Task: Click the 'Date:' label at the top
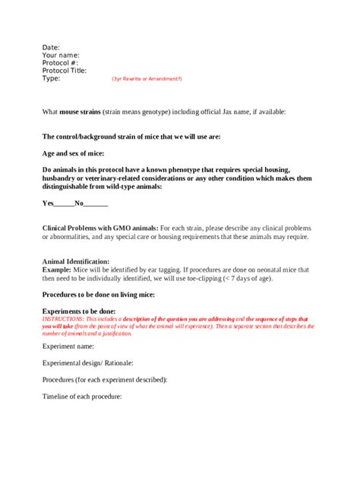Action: click(x=51, y=47)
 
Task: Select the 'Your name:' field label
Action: click(x=61, y=55)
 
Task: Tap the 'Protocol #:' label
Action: click(x=61, y=62)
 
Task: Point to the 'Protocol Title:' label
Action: click(x=65, y=71)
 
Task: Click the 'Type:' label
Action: click(x=51, y=78)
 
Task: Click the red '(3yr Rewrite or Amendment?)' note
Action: click(x=147, y=79)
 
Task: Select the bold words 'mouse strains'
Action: click(x=81, y=112)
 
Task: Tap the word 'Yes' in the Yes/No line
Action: click(x=48, y=203)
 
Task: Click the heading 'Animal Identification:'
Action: click(x=76, y=261)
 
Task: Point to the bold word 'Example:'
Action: click(x=56, y=269)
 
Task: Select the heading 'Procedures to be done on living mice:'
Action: click(x=106, y=294)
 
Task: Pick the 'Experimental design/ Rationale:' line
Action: click(x=87, y=362)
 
